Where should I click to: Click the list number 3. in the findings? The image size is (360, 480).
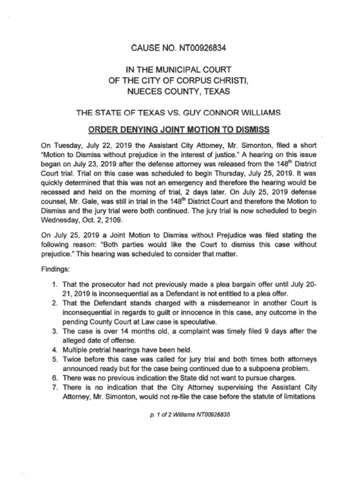(55, 331)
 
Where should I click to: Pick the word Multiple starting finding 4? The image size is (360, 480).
(76, 350)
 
